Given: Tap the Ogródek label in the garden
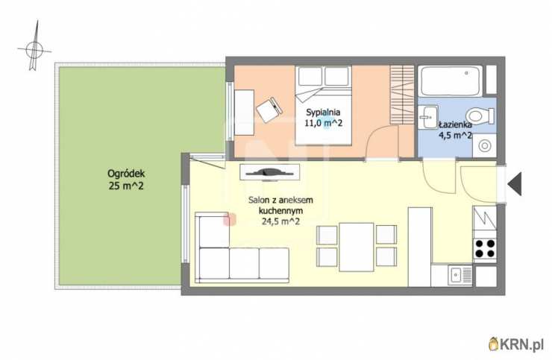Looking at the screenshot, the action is [x=126, y=174].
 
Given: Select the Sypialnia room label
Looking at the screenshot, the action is [x=323, y=113].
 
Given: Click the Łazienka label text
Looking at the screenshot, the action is [x=455, y=124].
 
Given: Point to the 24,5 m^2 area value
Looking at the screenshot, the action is [x=280, y=221].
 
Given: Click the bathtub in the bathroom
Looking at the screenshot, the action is [x=451, y=81].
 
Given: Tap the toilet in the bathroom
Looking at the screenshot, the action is [x=480, y=116].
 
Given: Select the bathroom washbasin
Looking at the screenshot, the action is [x=428, y=117].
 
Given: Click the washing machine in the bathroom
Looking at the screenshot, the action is [x=484, y=145].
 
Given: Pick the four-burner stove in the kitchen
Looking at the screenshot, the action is [x=485, y=248].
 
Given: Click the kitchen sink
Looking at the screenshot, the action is [x=460, y=275].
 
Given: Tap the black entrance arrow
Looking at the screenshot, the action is [x=515, y=183].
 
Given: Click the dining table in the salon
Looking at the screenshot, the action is [x=357, y=247].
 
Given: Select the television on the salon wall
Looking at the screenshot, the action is [x=270, y=172].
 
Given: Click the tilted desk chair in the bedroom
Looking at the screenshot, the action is [x=269, y=110].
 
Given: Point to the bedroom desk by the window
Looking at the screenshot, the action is [x=244, y=113].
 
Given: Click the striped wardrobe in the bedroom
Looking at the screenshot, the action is [x=401, y=95].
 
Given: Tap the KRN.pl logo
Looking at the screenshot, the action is [x=516, y=344].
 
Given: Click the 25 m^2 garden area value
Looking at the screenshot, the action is [x=126, y=186].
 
